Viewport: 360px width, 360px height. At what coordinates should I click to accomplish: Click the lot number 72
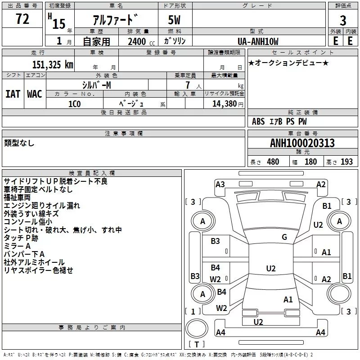point(22,19)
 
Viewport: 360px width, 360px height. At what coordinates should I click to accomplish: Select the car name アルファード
point(116,20)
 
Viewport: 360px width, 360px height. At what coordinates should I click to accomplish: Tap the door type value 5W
point(174,20)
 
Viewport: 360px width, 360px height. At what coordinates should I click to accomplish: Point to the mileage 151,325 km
point(53,65)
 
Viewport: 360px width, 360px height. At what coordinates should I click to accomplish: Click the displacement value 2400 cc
point(141,41)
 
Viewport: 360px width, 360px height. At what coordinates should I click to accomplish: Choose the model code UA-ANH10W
point(258,41)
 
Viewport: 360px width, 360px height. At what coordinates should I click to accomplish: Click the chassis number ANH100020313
point(302,143)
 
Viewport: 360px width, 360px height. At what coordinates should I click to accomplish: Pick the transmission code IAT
point(13,94)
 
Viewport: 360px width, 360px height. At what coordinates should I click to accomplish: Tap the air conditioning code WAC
point(35,94)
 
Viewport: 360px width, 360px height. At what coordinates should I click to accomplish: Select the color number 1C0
point(75,104)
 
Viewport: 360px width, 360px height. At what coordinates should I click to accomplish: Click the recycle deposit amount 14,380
point(224,104)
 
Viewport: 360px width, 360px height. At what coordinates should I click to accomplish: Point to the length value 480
point(273,162)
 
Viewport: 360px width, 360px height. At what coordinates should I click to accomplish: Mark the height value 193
point(346,162)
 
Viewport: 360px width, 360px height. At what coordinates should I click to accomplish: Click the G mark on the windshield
point(284,237)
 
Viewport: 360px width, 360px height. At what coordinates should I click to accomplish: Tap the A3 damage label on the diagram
point(220,184)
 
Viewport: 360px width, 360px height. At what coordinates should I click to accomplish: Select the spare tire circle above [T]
point(197,328)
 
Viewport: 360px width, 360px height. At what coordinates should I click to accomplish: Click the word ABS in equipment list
point(258,121)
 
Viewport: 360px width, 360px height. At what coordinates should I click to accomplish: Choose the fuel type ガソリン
point(175,41)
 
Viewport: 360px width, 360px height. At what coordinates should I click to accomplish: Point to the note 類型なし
point(19,143)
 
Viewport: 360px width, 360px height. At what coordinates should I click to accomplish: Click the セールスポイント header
point(302,53)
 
